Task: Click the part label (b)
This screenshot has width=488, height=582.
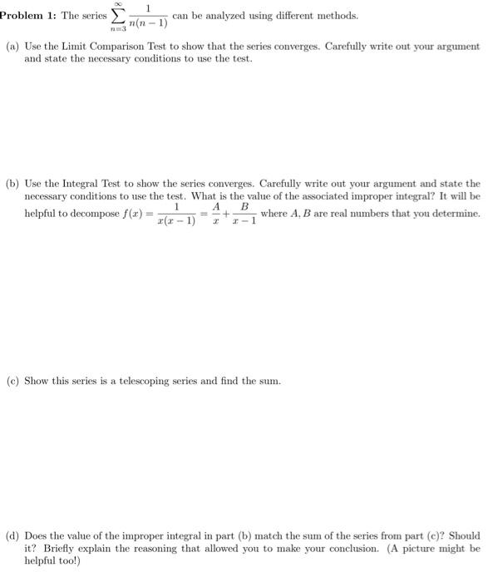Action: click(12, 183)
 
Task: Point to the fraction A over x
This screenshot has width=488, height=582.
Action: click(216, 214)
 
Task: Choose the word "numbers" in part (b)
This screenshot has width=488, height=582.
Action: click(424, 214)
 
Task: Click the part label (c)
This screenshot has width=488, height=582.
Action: click(12, 381)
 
